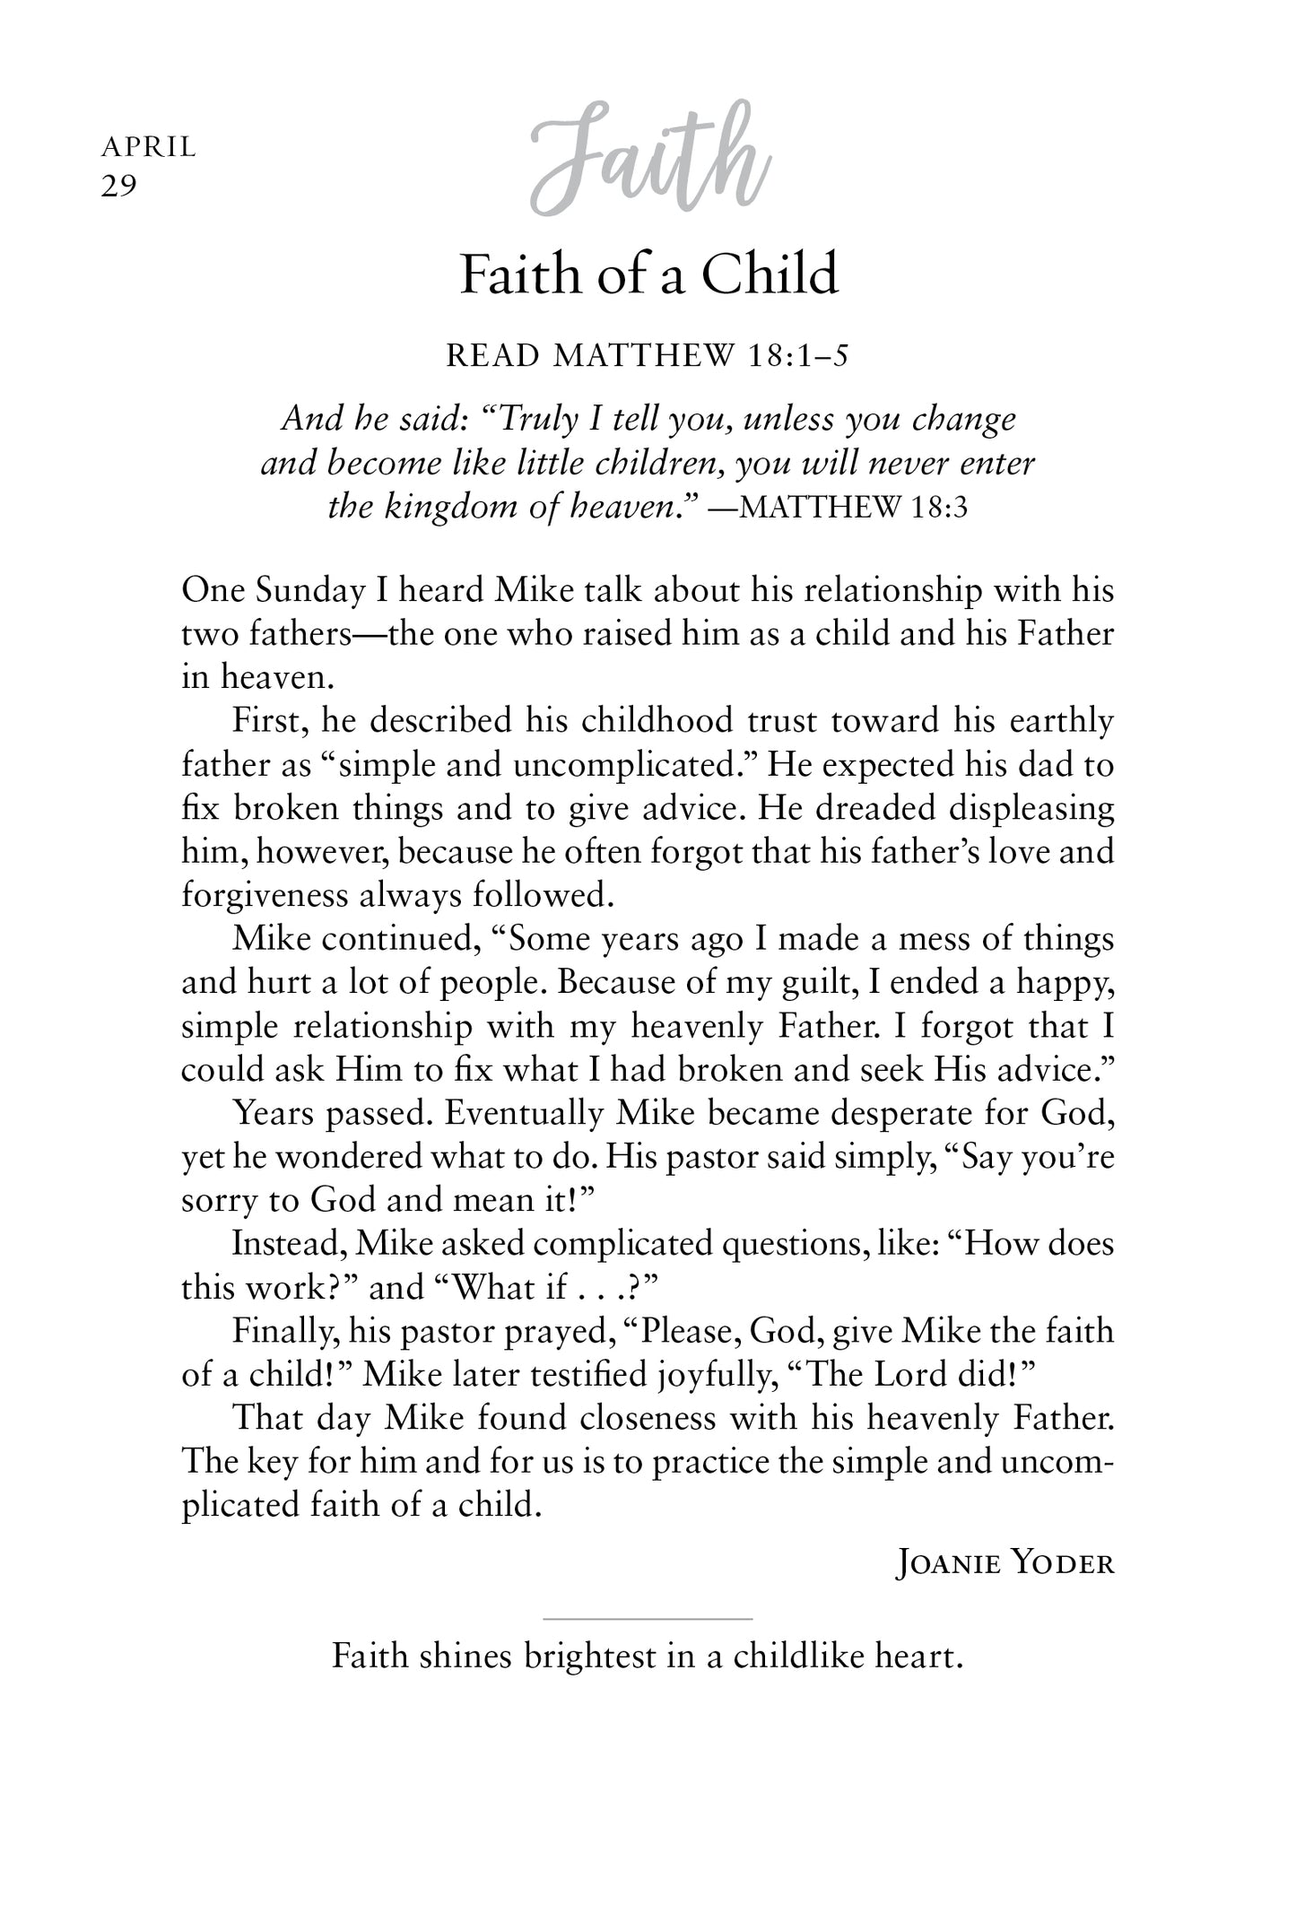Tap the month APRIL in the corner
148,146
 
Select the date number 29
118,187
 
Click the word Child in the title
770,274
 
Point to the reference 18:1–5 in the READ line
796,357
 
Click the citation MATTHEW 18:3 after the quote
856,509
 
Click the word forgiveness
265,895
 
